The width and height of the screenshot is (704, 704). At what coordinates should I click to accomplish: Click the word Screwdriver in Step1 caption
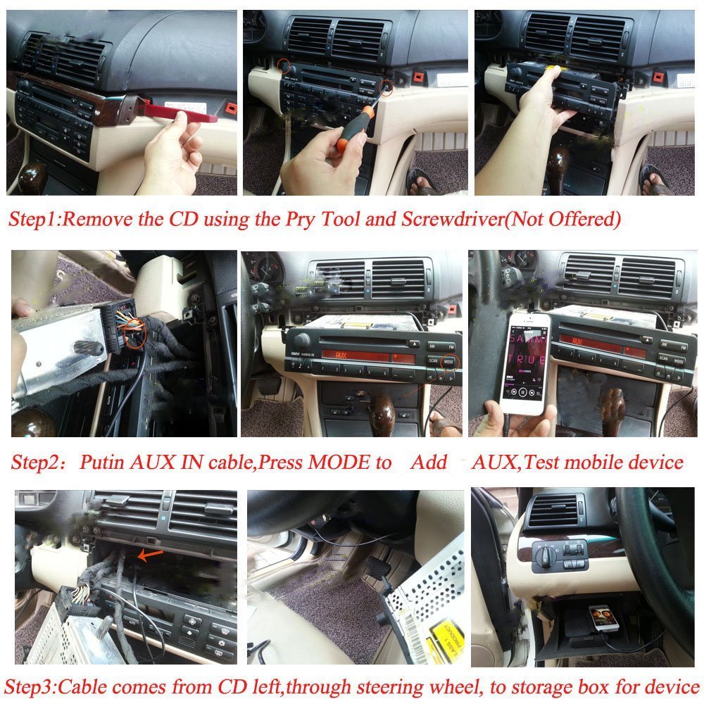[453, 219]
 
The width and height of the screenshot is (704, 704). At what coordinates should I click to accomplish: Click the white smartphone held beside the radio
[525, 364]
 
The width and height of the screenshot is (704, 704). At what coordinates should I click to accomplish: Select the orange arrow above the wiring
[150, 555]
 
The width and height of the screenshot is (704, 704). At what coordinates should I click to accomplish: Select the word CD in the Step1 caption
[183, 219]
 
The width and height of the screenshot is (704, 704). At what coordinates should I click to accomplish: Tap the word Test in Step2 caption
[543, 462]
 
